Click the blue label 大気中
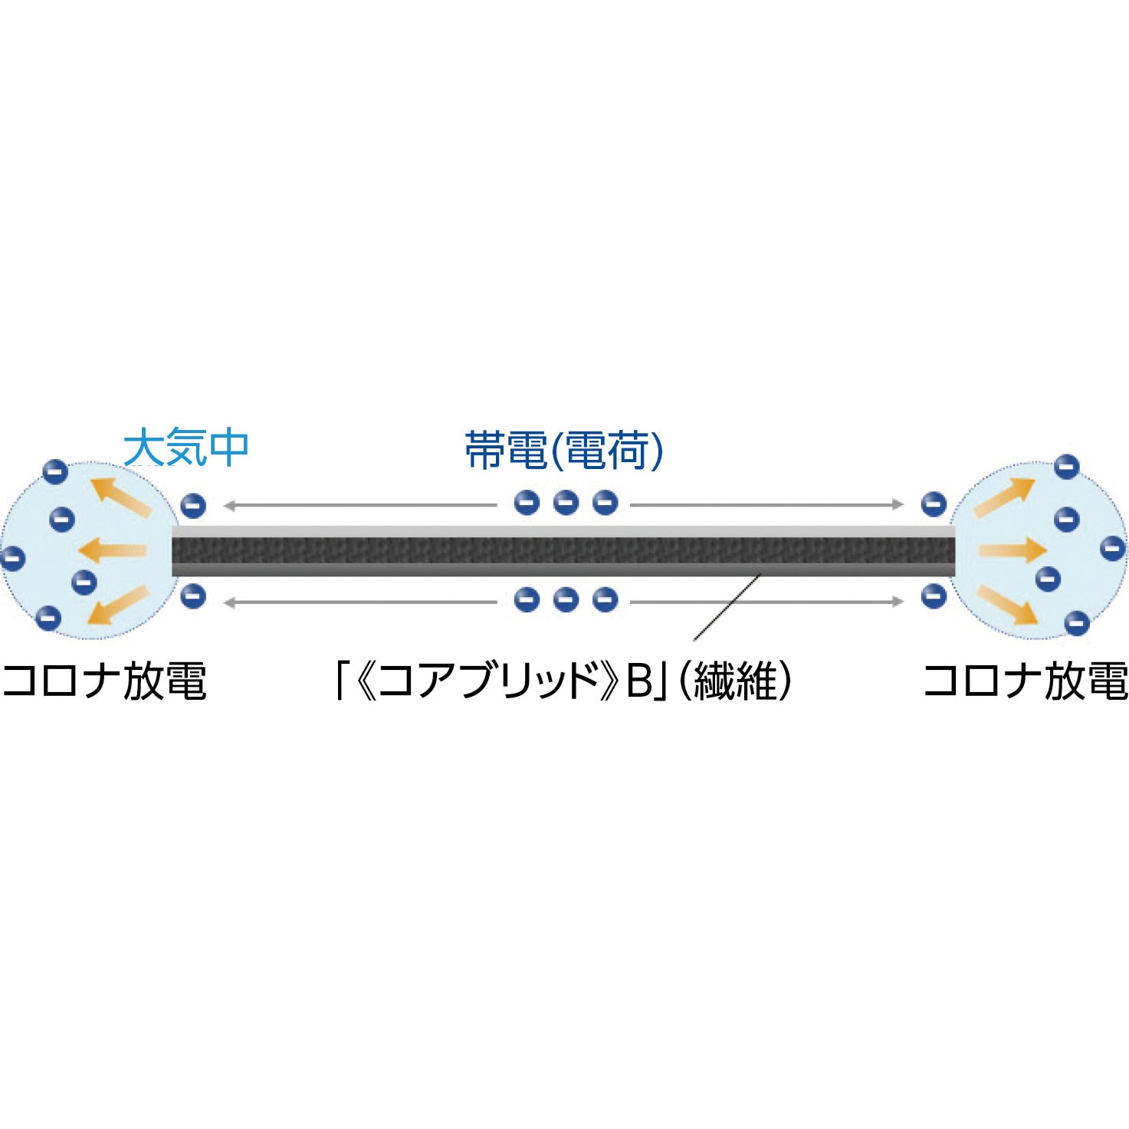[185, 448]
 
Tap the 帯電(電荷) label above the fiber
[564, 450]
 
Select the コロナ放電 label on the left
[104, 681]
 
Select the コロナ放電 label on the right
[1026, 681]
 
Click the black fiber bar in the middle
[563, 550]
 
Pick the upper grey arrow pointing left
[360, 505]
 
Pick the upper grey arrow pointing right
[766, 504]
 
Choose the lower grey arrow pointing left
[360, 602]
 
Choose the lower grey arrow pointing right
[766, 602]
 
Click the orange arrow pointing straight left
[113, 550]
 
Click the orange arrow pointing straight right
[1012, 550]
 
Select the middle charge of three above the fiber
[566, 503]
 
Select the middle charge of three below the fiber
[566, 599]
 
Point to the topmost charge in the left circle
[55, 471]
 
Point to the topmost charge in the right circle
[1067, 465]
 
